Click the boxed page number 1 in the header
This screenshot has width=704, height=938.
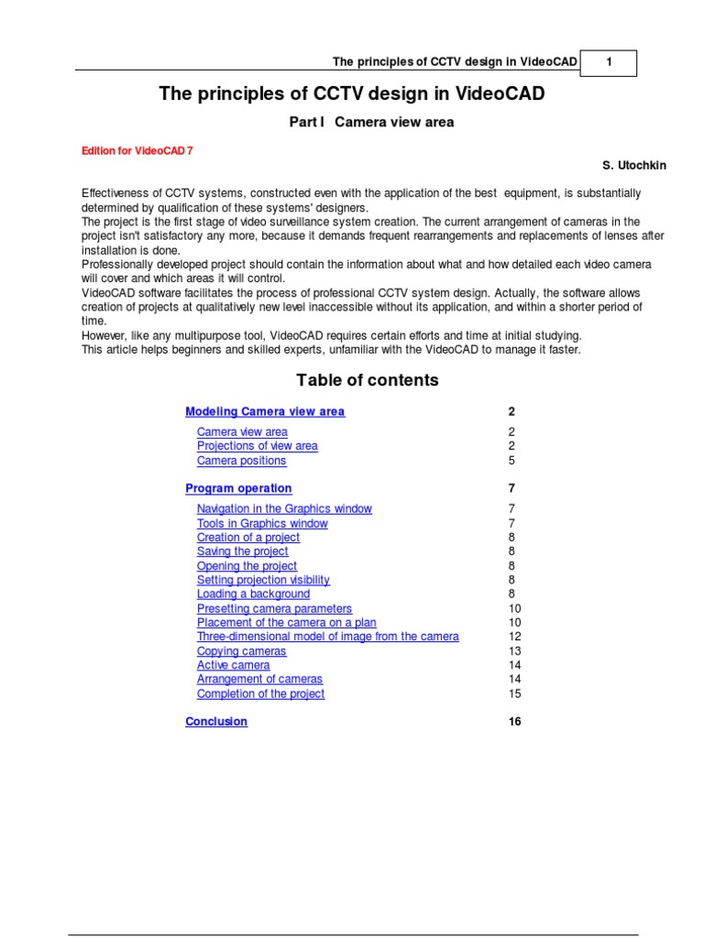pos(609,62)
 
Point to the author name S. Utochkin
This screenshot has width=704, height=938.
pos(634,165)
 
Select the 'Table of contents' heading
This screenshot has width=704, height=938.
pos(368,380)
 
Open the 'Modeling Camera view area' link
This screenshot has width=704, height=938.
pos(265,412)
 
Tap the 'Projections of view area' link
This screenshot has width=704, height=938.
pos(258,446)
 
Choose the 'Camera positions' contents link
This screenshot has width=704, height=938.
pos(241,461)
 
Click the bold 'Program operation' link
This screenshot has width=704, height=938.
pos(238,489)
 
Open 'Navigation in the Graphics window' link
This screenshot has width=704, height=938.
pos(284,508)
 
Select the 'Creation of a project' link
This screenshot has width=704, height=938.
pos(248,538)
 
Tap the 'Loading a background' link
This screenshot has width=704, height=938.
pos(253,594)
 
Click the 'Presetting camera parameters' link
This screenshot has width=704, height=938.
pos(274,608)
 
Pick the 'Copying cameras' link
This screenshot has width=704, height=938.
pos(241,651)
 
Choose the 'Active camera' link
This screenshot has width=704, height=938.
pos(233,665)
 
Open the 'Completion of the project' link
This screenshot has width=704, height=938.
pos(260,693)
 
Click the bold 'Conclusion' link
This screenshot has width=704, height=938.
pos(216,722)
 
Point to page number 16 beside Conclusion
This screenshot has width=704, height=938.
pos(514,722)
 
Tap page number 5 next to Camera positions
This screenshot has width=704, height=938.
pos(511,461)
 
